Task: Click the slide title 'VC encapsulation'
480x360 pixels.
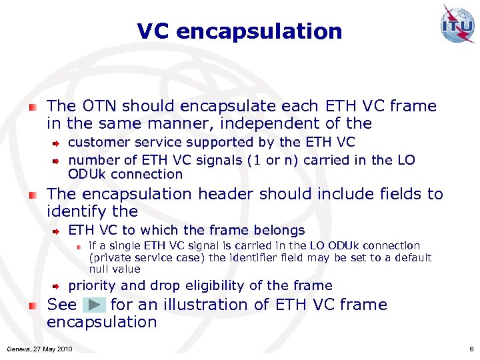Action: click(x=239, y=31)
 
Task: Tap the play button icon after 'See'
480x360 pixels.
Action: click(x=94, y=305)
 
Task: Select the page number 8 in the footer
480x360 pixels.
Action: click(x=471, y=349)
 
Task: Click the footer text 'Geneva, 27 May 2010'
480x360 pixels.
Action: click(x=40, y=349)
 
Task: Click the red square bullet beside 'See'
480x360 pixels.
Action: click(x=33, y=305)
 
